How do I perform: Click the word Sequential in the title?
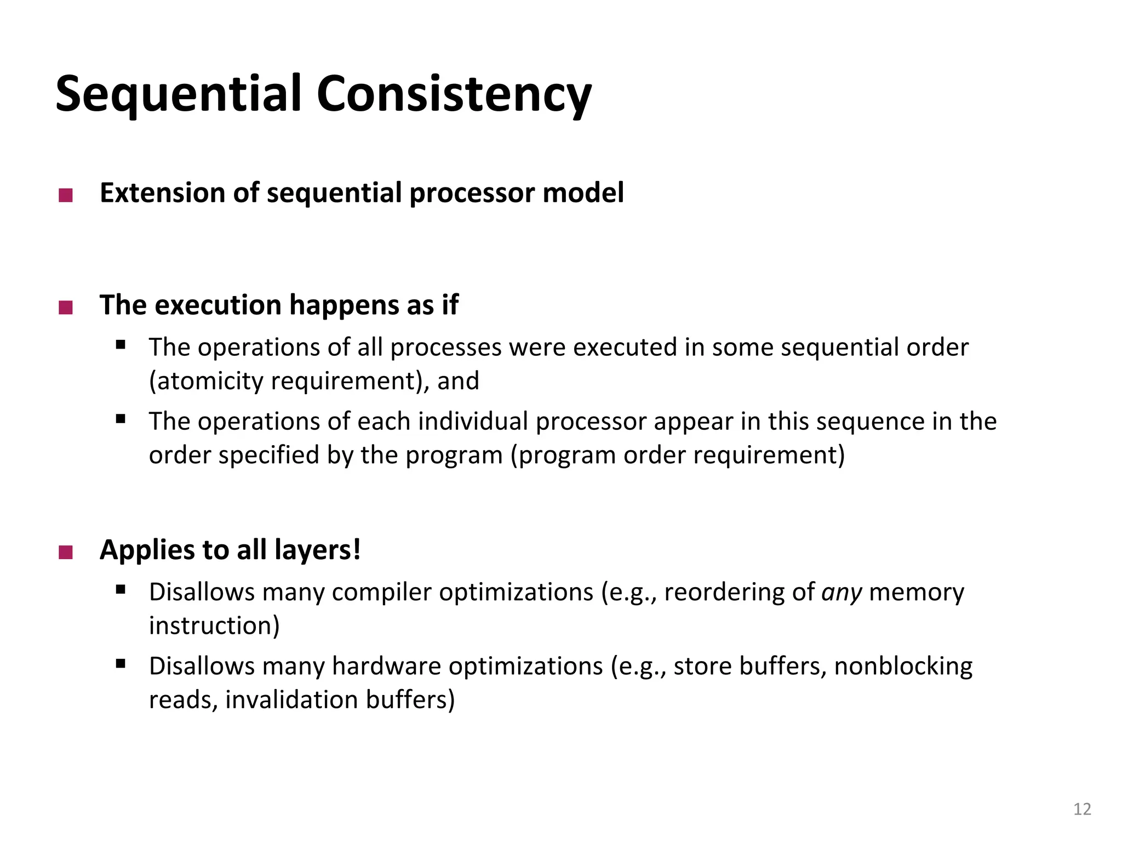(179, 94)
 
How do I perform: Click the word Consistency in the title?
(454, 94)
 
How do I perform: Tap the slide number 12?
(1082, 809)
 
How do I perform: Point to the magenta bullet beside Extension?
(66, 195)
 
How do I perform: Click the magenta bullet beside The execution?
(66, 307)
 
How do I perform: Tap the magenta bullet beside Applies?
(66, 552)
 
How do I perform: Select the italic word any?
(841, 593)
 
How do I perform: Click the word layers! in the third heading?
(317, 550)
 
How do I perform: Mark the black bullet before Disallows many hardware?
(121, 664)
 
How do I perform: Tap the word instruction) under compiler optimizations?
(214, 626)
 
